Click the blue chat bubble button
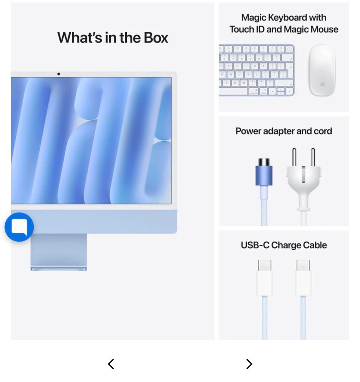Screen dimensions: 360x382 19,227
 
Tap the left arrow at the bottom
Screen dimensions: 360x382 111,364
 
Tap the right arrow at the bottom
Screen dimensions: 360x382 249,364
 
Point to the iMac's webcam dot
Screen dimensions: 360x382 58,74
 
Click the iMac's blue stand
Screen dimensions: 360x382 58,252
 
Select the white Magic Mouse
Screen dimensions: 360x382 322,70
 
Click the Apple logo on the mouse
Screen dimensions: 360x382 322,84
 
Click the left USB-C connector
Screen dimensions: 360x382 264,278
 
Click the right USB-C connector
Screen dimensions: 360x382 303,278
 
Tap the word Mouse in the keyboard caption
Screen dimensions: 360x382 323,30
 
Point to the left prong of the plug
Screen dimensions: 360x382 294,157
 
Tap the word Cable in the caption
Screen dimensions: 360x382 315,245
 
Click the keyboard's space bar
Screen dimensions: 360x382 233,91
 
